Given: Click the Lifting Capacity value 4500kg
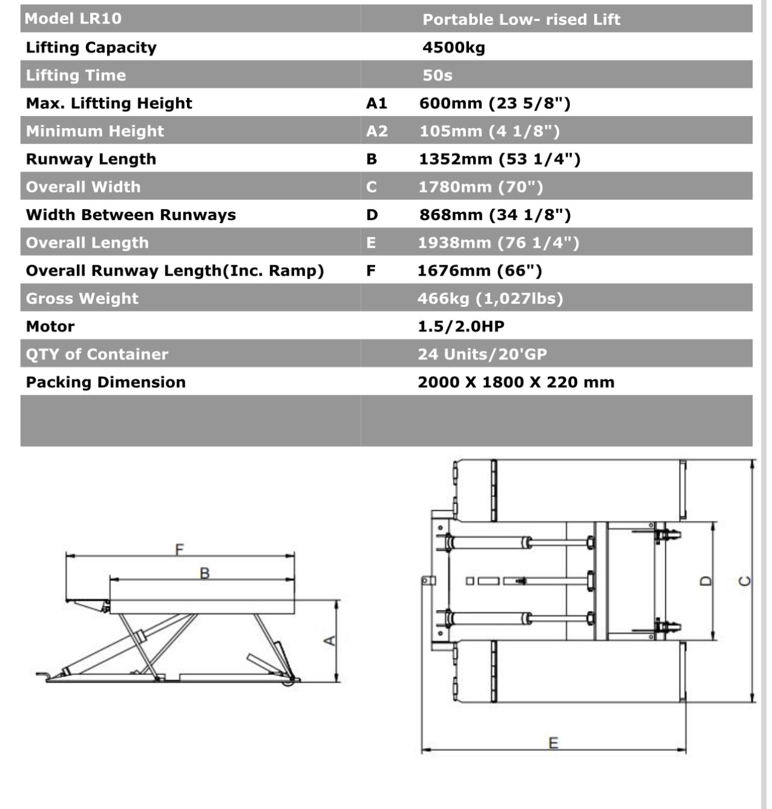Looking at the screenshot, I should tap(453, 48).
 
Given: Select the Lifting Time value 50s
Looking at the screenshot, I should tap(437, 75).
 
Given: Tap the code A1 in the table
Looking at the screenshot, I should tap(376, 103).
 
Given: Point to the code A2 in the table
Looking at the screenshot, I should tap(377, 131).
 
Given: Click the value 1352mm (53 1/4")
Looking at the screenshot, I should tap(499, 159).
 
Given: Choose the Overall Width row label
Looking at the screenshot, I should tap(83, 187).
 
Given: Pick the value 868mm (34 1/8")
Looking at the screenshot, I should tap(495, 215).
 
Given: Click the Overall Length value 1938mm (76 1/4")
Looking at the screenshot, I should tap(498, 243).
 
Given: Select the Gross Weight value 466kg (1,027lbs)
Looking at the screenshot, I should tap(490, 298).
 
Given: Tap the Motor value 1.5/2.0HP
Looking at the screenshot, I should tap(461, 327).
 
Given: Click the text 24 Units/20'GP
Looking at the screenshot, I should tap(482, 354).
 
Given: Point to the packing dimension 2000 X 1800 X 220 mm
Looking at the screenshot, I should tap(516, 383).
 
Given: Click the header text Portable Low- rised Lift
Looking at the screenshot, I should tap(521, 19).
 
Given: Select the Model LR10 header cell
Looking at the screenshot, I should tap(73, 18).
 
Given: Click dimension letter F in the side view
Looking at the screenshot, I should tap(179, 549).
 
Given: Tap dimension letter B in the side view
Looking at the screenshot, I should tap(204, 573).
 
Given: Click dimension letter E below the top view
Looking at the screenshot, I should tap(553, 743).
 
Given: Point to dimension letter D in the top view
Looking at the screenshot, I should tap(707, 581).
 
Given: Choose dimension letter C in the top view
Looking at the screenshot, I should tap(744, 581).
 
